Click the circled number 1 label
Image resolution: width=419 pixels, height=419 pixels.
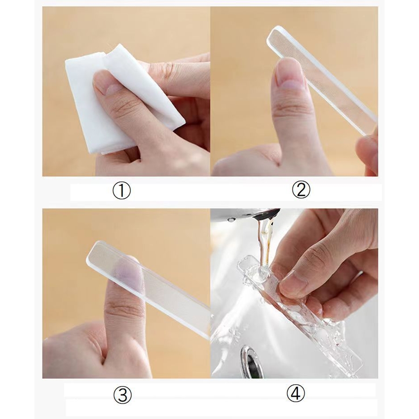[122, 190]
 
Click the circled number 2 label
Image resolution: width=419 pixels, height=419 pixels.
[301, 189]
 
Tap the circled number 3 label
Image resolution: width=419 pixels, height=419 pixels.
[122, 394]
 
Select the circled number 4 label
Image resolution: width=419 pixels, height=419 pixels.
[295, 393]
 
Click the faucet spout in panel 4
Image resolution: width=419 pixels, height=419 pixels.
[257, 214]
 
